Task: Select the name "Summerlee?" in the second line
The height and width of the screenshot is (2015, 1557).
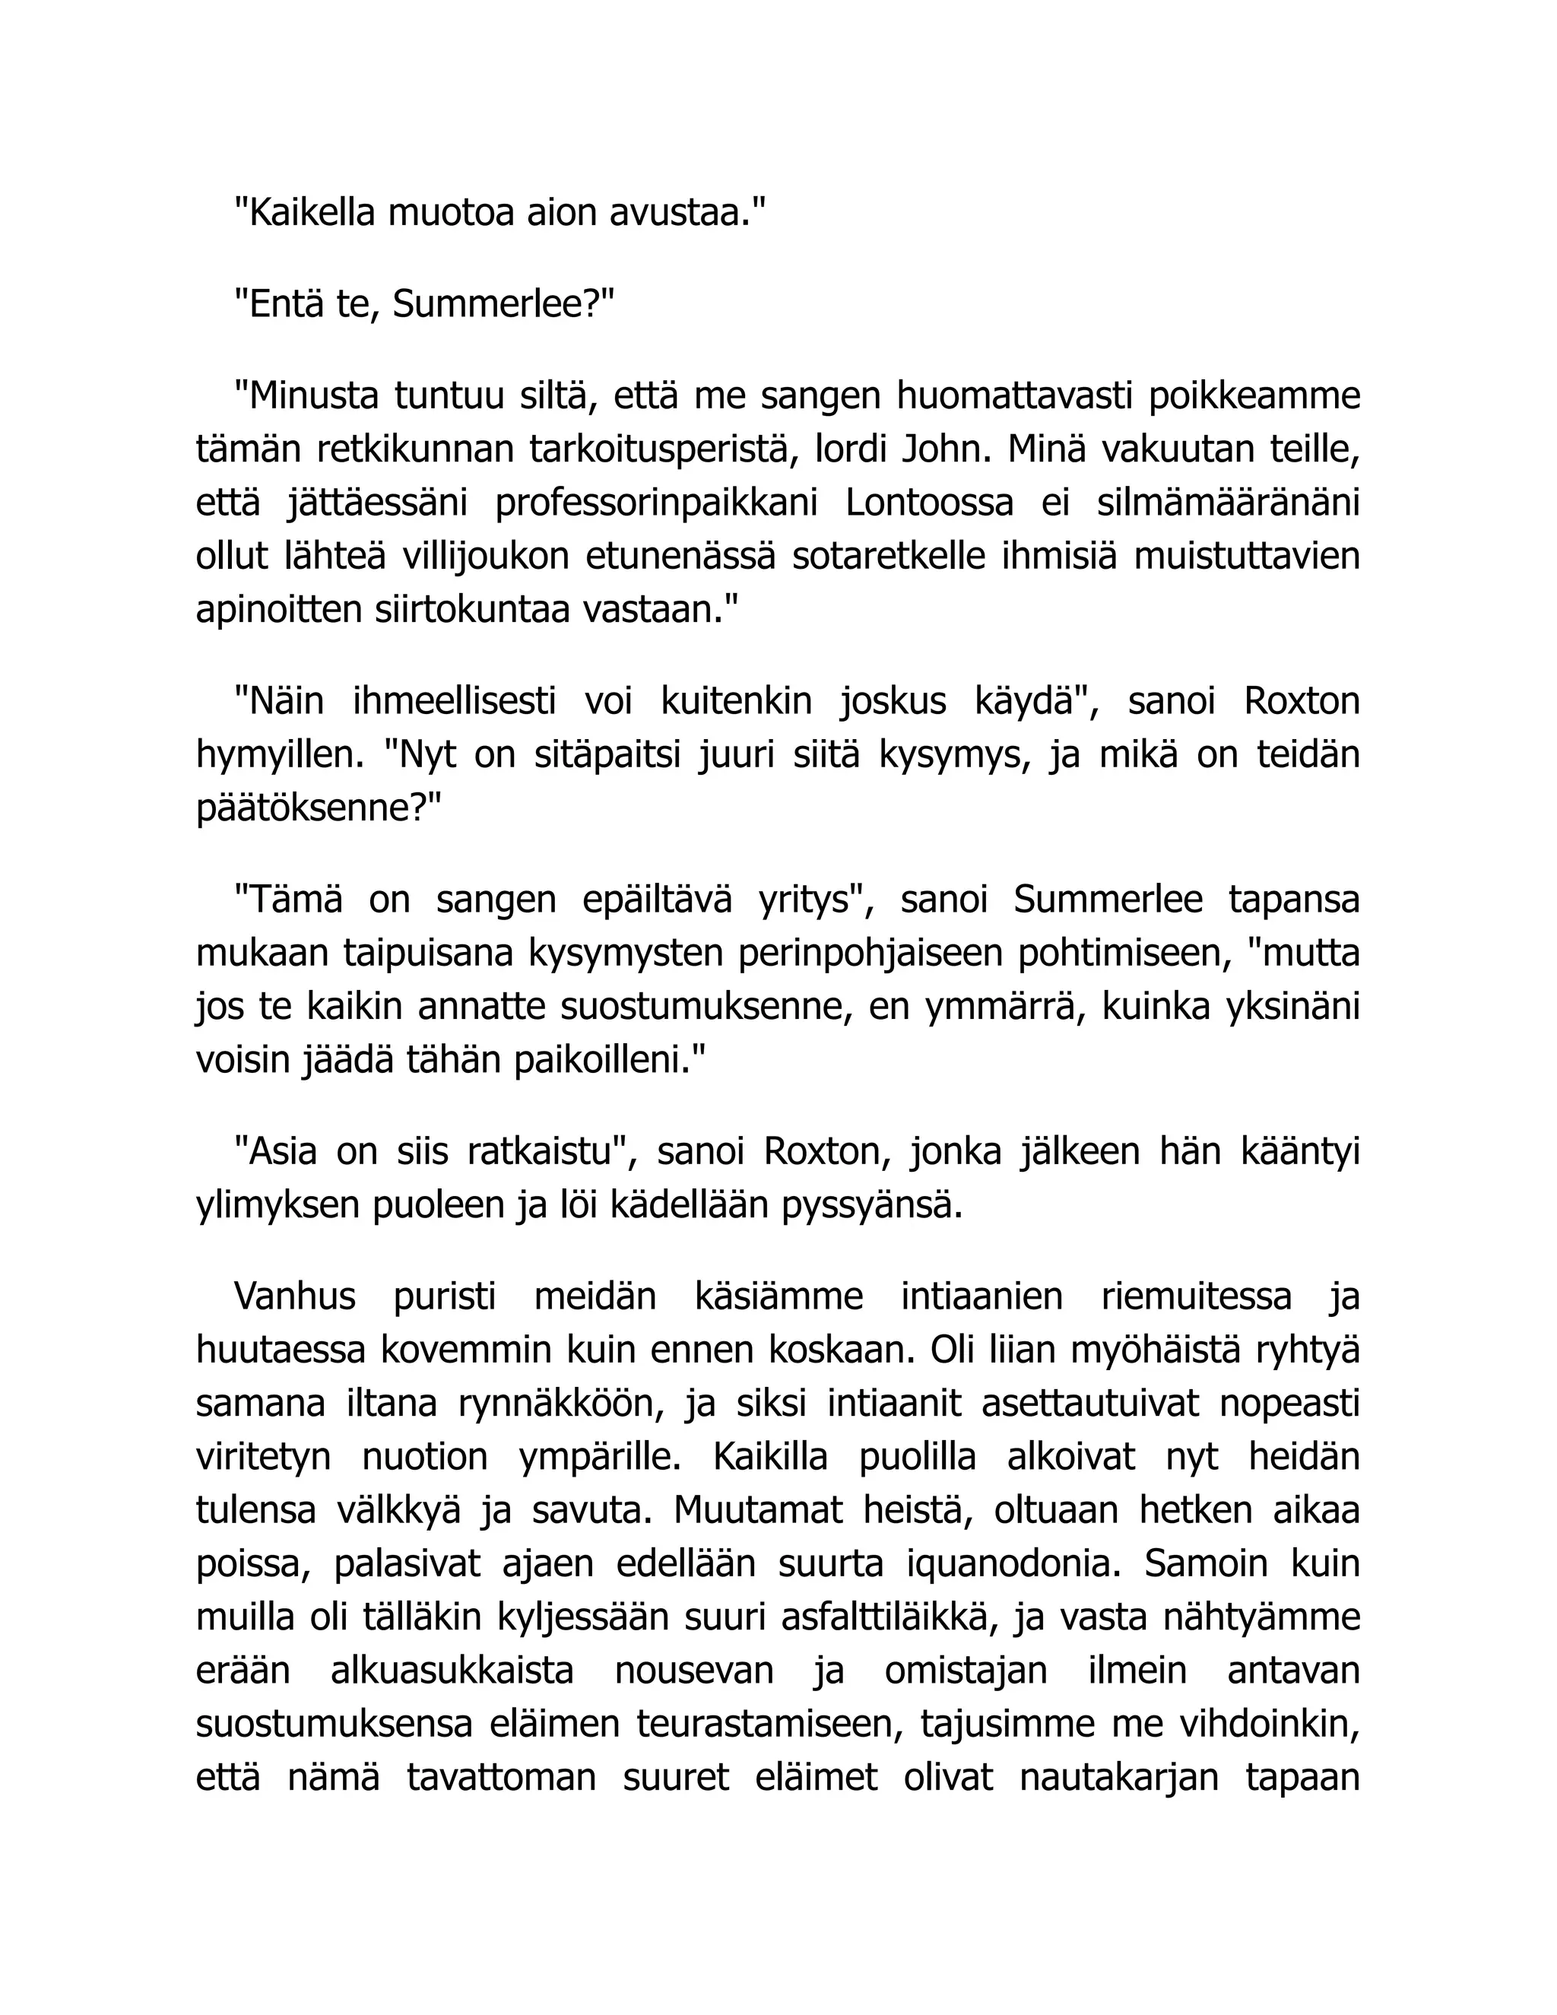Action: pyautogui.click(x=503, y=303)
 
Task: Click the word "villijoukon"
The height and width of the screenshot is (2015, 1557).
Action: pyautogui.click(x=484, y=557)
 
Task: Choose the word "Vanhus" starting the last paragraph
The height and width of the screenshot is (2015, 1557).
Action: pyautogui.click(x=294, y=1296)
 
